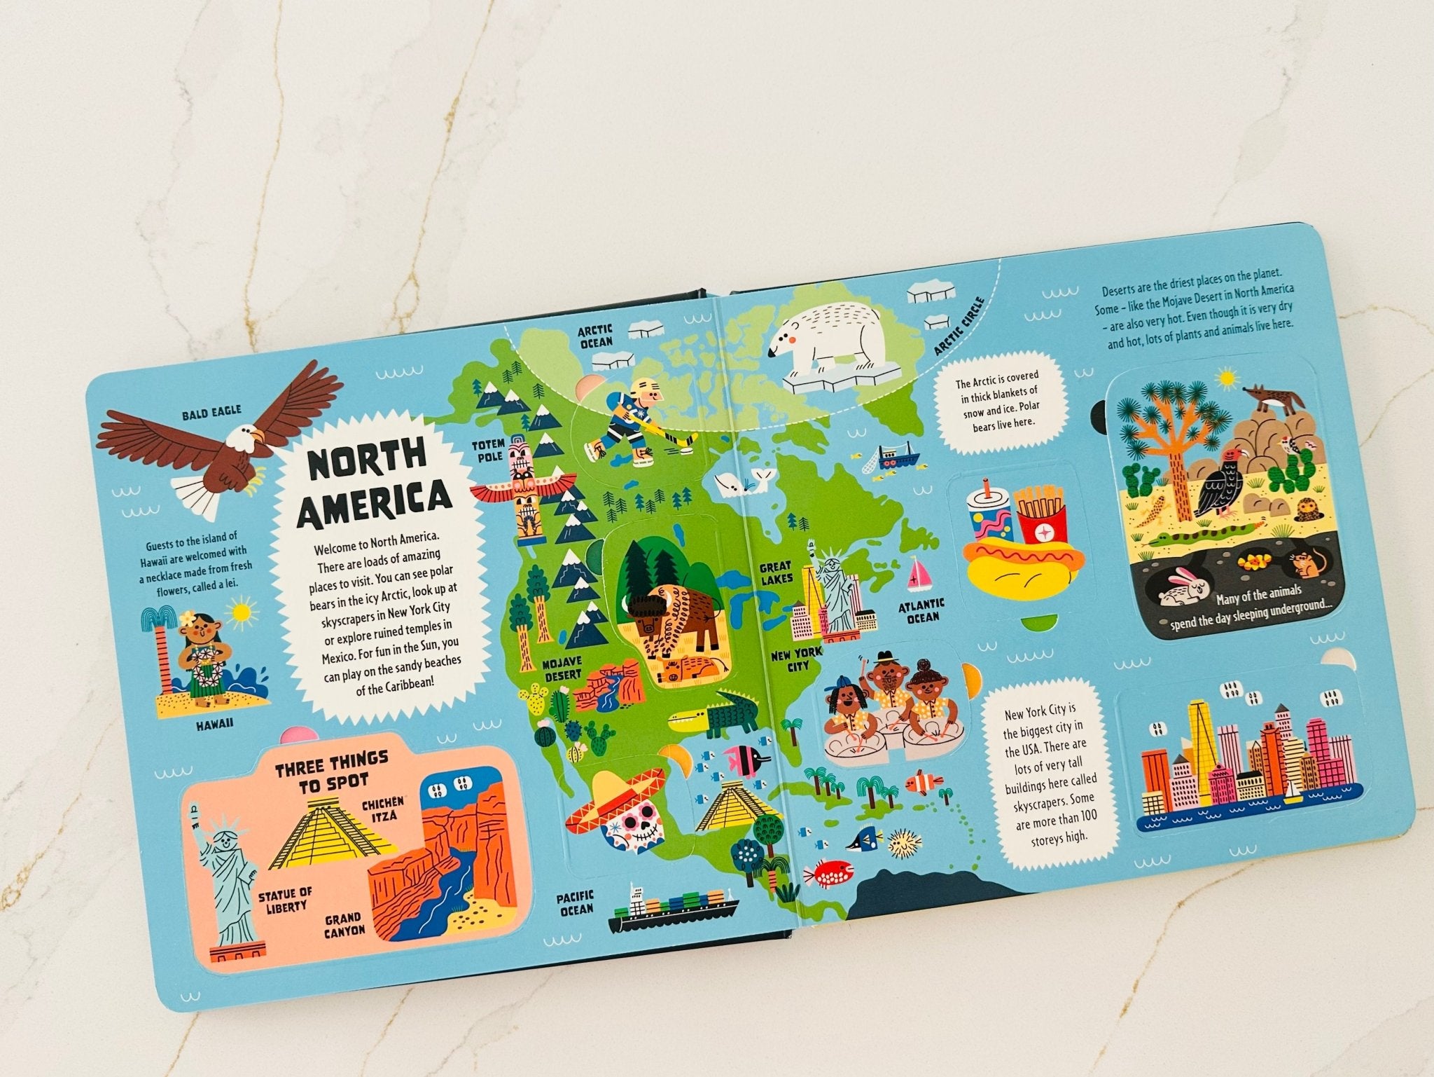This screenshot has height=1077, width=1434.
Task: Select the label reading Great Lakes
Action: (776, 572)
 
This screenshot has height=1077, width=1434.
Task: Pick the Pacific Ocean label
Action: (576, 903)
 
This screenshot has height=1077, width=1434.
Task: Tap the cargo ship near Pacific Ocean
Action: (672, 911)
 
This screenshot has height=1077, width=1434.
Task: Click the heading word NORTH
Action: (368, 460)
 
